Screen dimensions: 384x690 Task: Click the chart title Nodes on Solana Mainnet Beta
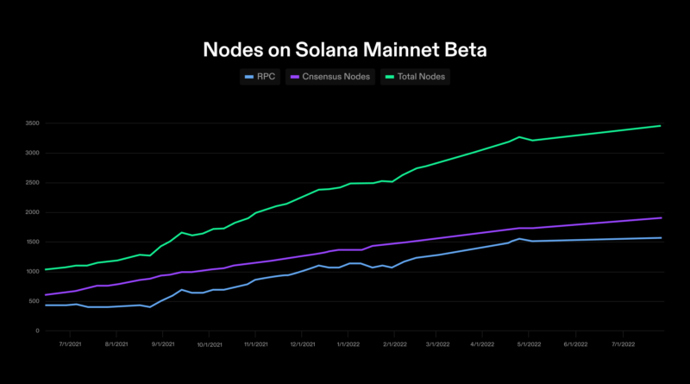coord(345,48)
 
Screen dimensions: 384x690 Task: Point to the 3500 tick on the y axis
coord(32,123)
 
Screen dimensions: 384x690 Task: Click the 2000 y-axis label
coord(32,212)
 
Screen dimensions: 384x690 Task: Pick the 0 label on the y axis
coord(37,330)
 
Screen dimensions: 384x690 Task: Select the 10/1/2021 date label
coord(210,343)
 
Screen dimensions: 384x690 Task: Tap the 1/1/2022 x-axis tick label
coord(349,343)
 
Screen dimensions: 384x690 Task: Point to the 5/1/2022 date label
coord(530,343)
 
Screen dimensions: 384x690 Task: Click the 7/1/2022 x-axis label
coord(624,343)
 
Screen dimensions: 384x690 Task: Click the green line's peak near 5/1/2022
coord(519,136)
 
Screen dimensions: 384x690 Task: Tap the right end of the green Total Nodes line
coord(661,126)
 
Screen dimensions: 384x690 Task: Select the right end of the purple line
coord(661,217)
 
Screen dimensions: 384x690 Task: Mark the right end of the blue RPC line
coord(661,238)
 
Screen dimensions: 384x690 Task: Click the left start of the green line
coord(45,269)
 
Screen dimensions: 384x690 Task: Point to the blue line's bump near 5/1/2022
coord(519,238)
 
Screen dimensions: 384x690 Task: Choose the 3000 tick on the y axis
coord(32,153)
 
